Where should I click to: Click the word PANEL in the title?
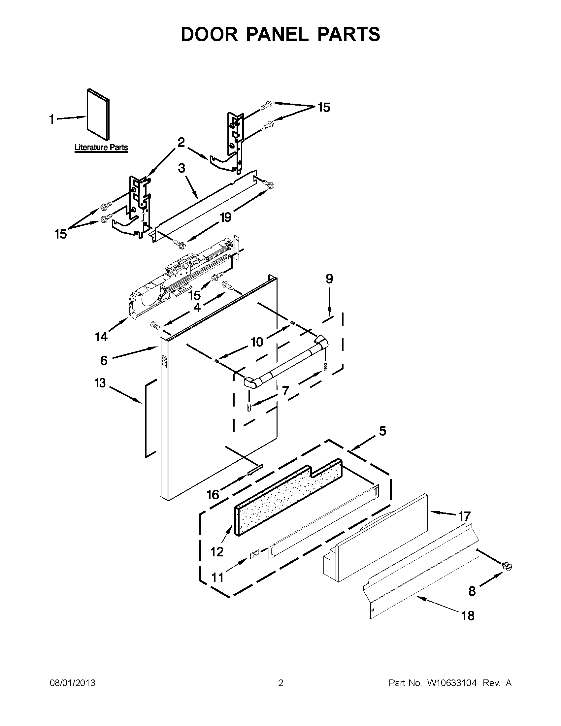(x=277, y=34)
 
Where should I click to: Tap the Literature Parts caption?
(x=101, y=147)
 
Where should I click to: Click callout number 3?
(x=181, y=168)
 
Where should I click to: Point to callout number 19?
(x=226, y=217)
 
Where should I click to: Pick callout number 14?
(x=101, y=337)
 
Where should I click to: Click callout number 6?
(x=104, y=360)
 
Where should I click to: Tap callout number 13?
(x=100, y=382)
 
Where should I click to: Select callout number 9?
(x=329, y=279)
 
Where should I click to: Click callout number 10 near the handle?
(x=257, y=342)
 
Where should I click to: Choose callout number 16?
(x=213, y=504)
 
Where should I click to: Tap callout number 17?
(x=464, y=516)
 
